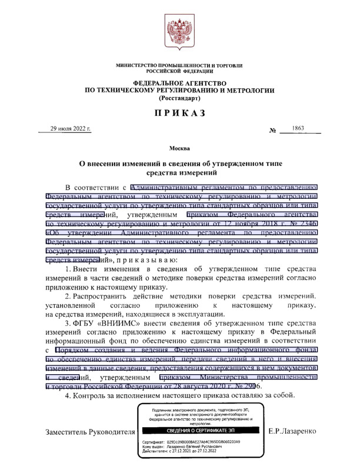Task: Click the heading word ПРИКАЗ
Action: coord(179,114)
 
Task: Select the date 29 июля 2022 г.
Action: coord(71,129)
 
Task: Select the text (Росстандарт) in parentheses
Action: coord(179,98)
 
